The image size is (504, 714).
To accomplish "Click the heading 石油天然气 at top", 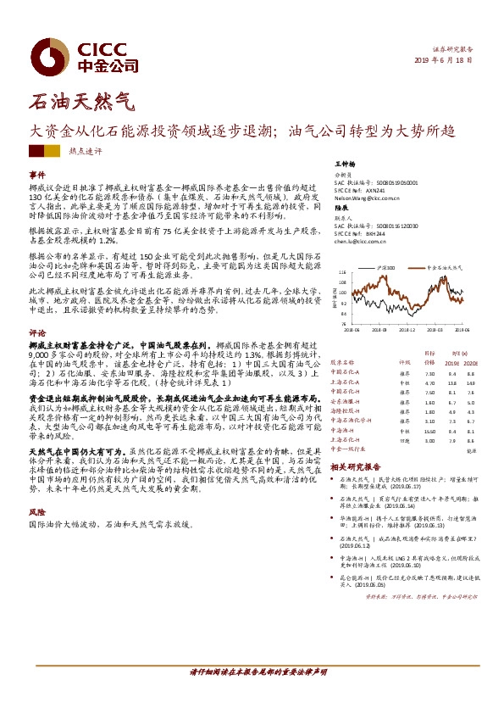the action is point(81,103).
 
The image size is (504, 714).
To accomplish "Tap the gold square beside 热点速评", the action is point(53,151).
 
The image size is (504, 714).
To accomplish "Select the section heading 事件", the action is point(36,174).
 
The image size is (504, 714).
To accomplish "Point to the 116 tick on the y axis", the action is point(342,273).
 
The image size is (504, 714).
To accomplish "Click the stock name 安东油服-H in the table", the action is point(346,403).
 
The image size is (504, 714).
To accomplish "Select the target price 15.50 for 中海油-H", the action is point(429,432).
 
